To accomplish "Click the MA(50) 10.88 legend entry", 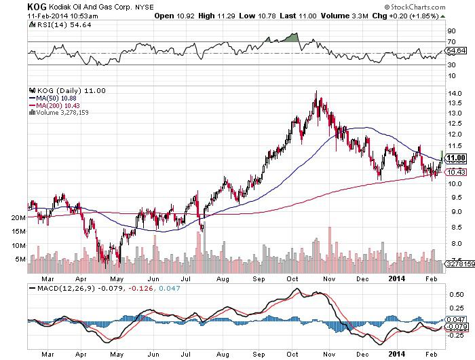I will [54, 97].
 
